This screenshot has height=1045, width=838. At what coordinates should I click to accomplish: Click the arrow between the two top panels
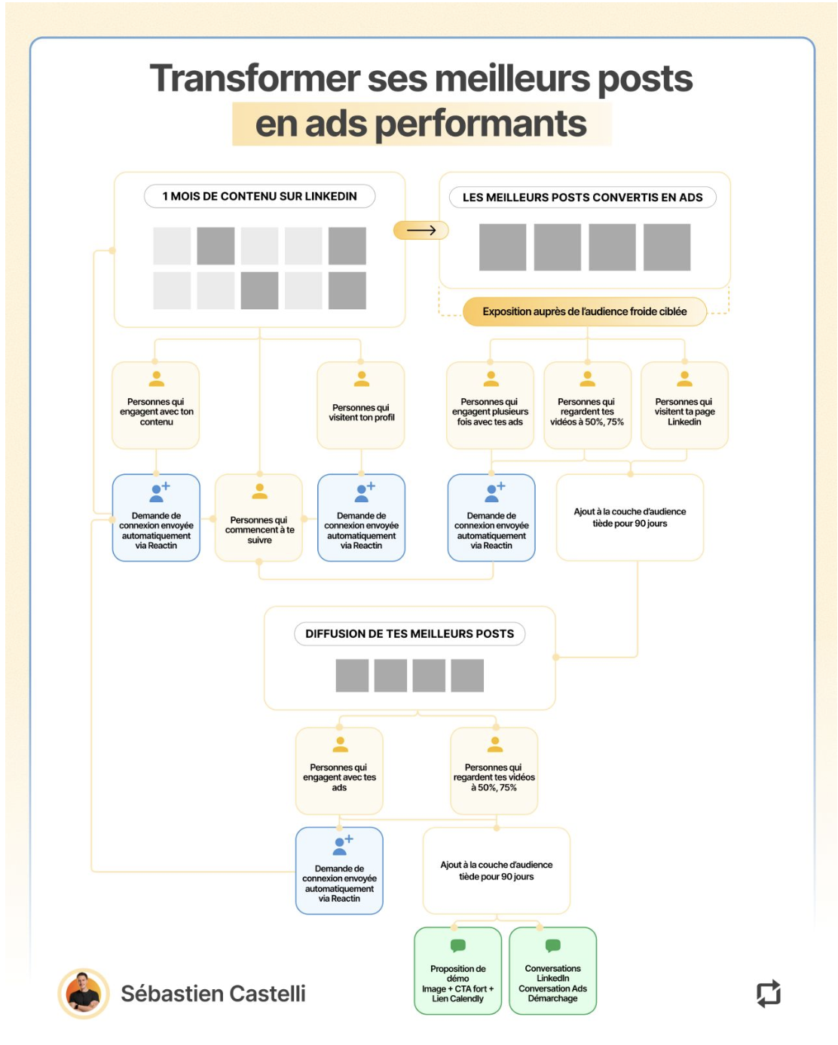click(x=421, y=230)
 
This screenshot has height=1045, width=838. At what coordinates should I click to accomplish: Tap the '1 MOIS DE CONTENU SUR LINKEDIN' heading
click(x=259, y=196)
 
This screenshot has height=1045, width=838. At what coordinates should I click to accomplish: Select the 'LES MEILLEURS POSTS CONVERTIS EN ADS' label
click(x=583, y=198)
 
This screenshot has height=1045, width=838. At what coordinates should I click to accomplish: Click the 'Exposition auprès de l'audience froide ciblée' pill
click(x=584, y=311)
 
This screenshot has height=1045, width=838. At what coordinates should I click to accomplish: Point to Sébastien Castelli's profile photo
click(x=84, y=993)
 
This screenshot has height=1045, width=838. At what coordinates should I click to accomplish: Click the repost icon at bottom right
click(x=768, y=993)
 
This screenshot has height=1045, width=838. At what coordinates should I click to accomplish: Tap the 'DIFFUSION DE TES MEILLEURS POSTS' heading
click(x=409, y=634)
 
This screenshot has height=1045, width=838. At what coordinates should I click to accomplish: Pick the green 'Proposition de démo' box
click(x=457, y=971)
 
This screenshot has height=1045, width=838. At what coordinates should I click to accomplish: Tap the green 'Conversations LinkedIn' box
click(x=552, y=971)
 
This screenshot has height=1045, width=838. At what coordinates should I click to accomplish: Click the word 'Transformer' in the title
click(x=255, y=78)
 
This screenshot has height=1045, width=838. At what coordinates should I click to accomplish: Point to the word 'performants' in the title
click(x=480, y=124)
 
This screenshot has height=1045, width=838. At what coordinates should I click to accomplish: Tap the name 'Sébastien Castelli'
click(x=213, y=994)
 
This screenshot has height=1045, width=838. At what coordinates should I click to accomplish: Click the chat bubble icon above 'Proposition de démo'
click(x=457, y=945)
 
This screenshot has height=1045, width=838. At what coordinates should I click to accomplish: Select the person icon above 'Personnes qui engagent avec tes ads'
click(x=341, y=745)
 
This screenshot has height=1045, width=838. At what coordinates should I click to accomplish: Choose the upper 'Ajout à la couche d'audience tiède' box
click(x=629, y=517)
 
